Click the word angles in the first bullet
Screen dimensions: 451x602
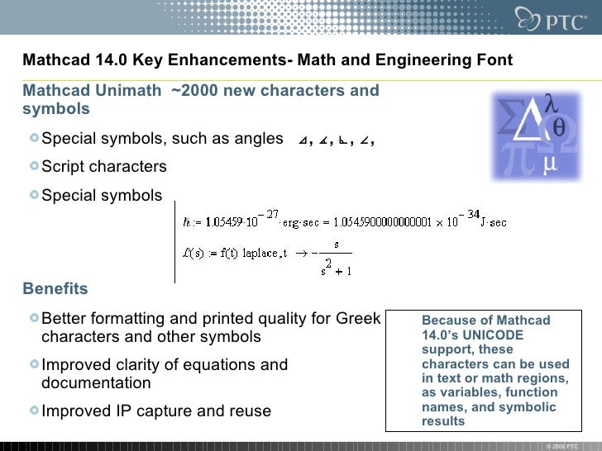click(258, 139)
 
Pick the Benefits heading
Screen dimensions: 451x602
click(55, 289)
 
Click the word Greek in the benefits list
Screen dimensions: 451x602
click(358, 319)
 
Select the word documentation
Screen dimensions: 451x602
click(96, 383)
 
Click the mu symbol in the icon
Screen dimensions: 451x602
click(549, 165)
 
